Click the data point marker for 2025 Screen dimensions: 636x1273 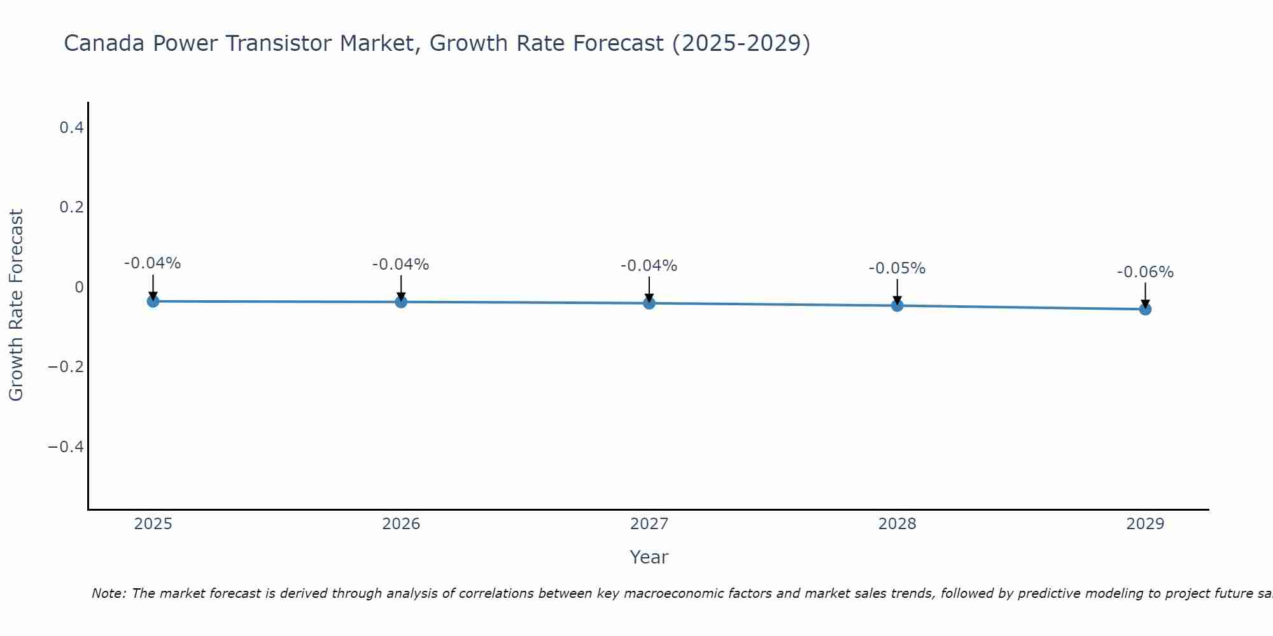pos(153,301)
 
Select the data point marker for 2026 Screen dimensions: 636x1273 pos(401,302)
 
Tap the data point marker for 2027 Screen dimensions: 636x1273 pos(649,303)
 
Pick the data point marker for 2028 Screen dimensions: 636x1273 pos(897,306)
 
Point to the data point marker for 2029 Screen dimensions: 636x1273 pos(1145,310)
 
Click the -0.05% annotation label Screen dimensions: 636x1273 pos(897,268)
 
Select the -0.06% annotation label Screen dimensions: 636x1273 pos(1145,272)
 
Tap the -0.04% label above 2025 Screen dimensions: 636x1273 pos(153,263)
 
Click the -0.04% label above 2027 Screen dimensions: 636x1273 pos(649,266)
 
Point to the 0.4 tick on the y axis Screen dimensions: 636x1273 pos(71,128)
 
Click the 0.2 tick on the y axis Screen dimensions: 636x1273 pos(71,207)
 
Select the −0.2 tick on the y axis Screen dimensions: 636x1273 pos(66,367)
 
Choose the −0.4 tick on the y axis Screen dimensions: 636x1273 pos(66,446)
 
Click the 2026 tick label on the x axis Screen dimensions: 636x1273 pos(401,524)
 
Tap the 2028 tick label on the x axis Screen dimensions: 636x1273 pos(897,524)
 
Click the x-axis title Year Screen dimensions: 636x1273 pos(649,557)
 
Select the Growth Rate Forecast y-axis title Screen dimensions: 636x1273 pos(17,305)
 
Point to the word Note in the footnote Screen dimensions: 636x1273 pos(109,593)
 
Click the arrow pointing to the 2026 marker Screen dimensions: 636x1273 pos(401,287)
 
